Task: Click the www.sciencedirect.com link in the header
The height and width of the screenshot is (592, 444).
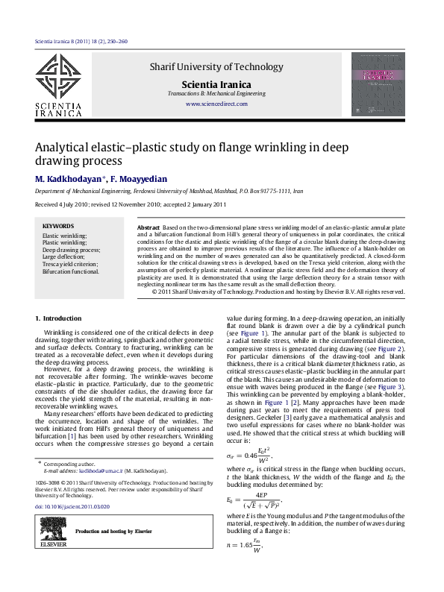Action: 216,104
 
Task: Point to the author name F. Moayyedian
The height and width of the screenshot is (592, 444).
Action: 142,179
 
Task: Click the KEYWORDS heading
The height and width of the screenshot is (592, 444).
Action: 58,226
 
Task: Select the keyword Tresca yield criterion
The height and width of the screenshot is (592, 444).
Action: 70,264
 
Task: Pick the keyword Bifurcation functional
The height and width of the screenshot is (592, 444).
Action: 70,271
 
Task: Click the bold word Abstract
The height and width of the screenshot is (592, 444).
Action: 148,226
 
